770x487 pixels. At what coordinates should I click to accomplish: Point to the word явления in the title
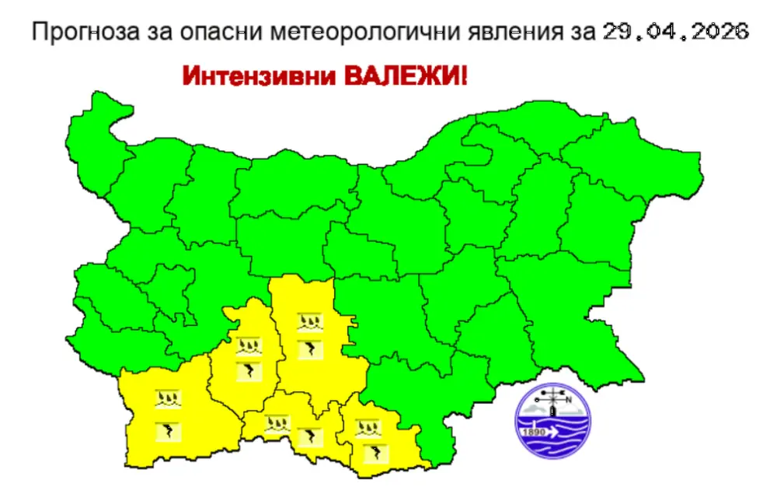pyautogui.click(x=498, y=33)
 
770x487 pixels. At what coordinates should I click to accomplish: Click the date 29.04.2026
pyautogui.click(x=675, y=33)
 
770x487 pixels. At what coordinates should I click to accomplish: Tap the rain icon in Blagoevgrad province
pyautogui.click(x=169, y=401)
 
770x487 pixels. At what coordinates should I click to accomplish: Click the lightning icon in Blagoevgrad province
pyautogui.click(x=169, y=430)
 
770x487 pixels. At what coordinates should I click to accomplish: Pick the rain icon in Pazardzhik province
pyautogui.click(x=249, y=345)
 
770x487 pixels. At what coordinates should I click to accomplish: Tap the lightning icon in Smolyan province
pyautogui.click(x=311, y=436)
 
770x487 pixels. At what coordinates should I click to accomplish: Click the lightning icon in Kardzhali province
pyautogui.click(x=375, y=453)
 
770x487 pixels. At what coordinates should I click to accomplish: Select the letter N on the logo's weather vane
pyautogui.click(x=568, y=400)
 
